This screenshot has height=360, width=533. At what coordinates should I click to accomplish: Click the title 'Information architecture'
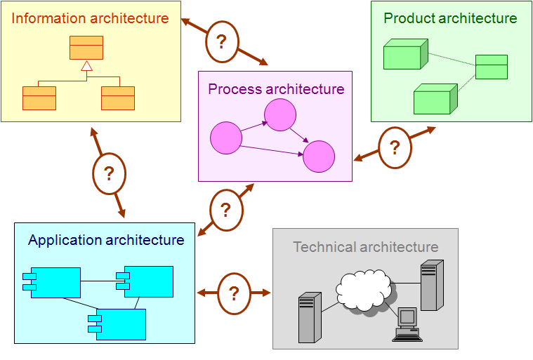click(90, 18)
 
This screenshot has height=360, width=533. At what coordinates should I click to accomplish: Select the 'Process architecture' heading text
click(276, 89)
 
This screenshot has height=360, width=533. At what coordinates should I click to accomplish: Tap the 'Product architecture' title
click(450, 18)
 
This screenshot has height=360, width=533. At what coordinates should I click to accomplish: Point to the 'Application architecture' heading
click(106, 240)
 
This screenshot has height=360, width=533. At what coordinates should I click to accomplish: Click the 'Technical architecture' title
click(366, 247)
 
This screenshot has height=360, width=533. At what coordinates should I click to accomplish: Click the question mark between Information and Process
click(221, 41)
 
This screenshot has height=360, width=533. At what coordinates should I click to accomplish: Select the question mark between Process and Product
click(395, 147)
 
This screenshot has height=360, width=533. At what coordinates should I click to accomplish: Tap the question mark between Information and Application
click(109, 173)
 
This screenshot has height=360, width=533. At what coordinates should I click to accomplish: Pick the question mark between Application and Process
click(225, 210)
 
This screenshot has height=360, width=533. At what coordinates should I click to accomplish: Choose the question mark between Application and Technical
click(234, 293)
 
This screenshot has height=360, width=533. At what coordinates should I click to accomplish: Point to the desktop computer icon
click(407, 324)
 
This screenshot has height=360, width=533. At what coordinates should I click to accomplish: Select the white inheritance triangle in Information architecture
click(87, 66)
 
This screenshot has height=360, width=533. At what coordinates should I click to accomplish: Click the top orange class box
click(86, 48)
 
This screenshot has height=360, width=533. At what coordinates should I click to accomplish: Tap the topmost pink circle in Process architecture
click(280, 115)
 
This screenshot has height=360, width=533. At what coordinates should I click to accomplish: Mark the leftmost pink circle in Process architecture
click(226, 138)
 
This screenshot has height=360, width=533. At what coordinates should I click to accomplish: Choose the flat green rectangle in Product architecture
click(491, 67)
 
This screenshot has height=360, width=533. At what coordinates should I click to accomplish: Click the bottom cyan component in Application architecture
click(117, 324)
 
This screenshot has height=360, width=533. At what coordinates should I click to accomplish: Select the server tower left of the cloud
click(310, 317)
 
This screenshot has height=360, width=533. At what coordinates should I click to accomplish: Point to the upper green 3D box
click(405, 54)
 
